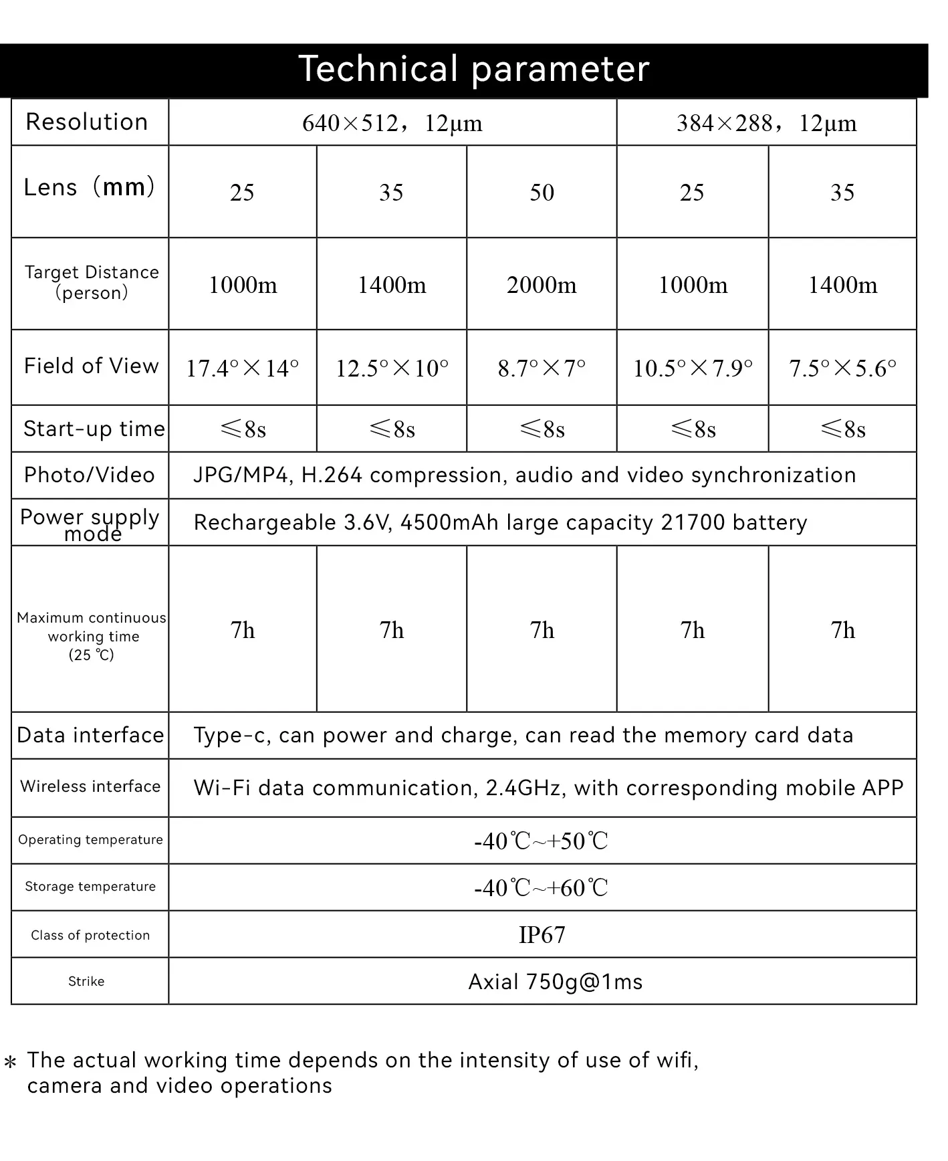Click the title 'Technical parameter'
click(x=473, y=69)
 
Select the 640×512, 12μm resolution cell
click(x=392, y=123)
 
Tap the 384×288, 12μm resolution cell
click(x=766, y=123)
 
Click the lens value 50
click(x=542, y=193)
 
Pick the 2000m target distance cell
click(x=542, y=285)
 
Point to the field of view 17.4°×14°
click(x=242, y=368)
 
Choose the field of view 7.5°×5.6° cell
click(x=842, y=368)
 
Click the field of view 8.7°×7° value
click(x=542, y=368)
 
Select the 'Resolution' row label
click(x=87, y=122)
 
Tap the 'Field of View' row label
click(x=91, y=366)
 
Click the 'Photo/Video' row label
click(x=90, y=476)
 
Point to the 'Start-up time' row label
click(x=94, y=429)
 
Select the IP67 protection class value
click(x=542, y=935)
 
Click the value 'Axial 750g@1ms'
click(x=555, y=982)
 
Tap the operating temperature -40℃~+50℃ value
click(x=542, y=841)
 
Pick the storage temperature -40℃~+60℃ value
click(x=542, y=888)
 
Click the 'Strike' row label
click(x=86, y=982)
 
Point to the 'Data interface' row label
click(x=90, y=736)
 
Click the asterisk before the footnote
click(x=10, y=1062)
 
